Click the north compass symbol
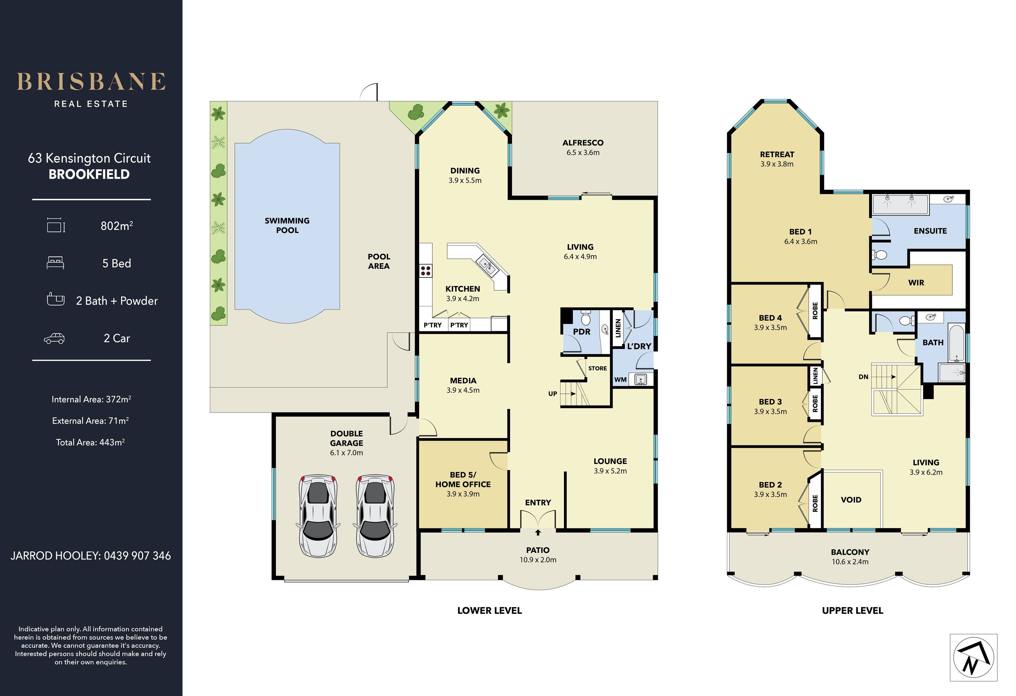point(973,657)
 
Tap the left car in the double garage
point(318,516)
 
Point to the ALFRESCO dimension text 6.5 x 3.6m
point(583,153)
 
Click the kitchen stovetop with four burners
point(425,270)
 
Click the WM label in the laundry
point(620,379)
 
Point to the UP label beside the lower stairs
point(553,393)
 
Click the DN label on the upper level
point(863,377)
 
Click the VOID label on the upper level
point(851,499)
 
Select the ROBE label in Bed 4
point(815,310)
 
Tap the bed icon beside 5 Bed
point(55,263)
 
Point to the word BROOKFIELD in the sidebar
point(89,174)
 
